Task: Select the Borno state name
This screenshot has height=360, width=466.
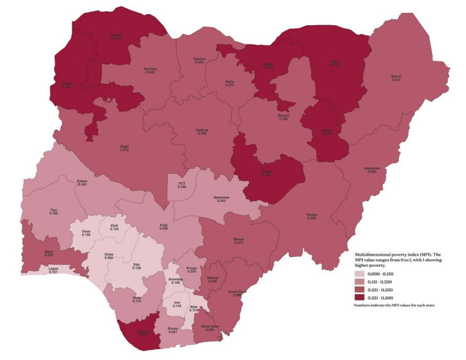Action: click(396, 77)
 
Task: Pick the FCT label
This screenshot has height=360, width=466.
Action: click(181, 183)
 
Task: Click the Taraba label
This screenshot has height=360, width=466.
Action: click(311, 214)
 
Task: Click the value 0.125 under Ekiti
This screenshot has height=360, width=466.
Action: click(115, 229)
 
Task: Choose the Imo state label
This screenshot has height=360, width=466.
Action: click(177, 302)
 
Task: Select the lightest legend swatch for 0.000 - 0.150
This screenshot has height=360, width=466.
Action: click(362, 275)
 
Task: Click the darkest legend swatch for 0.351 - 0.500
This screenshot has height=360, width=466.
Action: click(362, 298)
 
